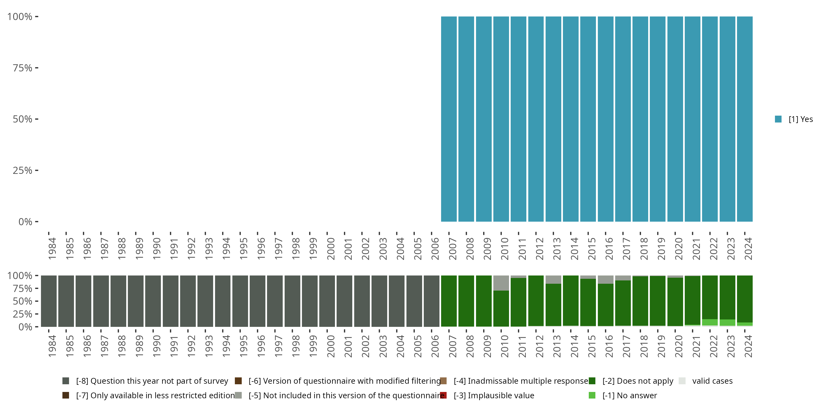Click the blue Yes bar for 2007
[449, 119]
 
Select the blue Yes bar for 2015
[588, 119]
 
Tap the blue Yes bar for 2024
[745, 119]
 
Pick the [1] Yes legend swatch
[778, 119]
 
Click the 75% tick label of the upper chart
[23, 68]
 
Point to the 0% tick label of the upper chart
[25, 222]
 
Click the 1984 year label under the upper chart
[52, 249]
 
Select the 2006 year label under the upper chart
[435, 249]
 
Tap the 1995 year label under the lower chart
[243, 346]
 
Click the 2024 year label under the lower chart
[748, 346]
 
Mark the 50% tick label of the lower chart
[23, 301]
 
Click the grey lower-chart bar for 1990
[153, 301]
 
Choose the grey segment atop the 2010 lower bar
[501, 283]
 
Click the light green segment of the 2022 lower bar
[710, 322]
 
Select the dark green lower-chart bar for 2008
[466, 301]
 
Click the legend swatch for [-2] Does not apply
[592, 381]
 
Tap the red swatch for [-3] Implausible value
[443, 395]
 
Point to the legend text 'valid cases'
[712, 381]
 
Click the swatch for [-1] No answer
[592, 395]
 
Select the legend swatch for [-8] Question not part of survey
[66, 381]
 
